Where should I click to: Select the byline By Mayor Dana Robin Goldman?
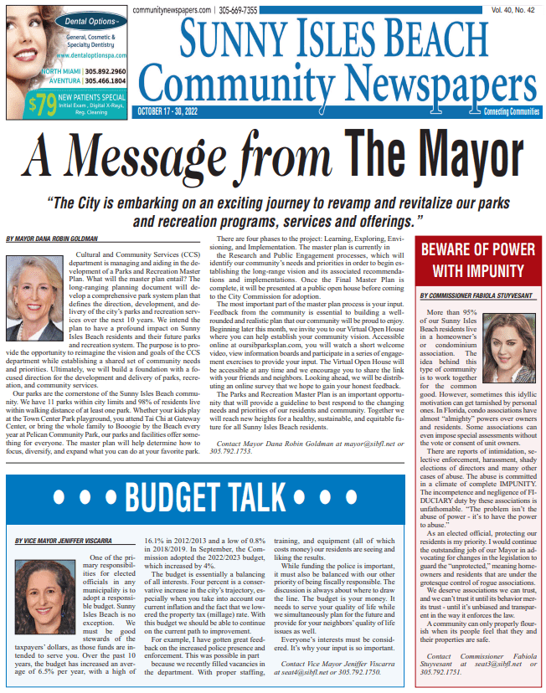pos(51,239)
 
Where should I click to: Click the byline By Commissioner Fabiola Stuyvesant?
pos(477,295)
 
